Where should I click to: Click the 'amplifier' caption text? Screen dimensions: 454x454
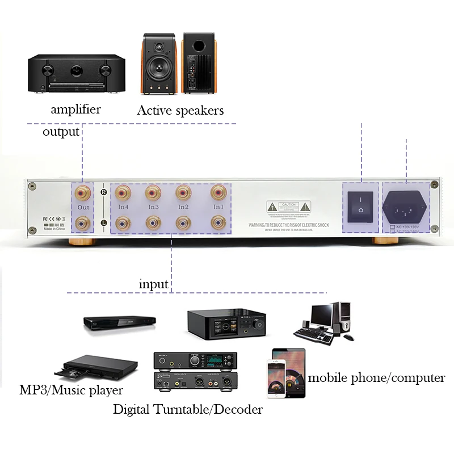click(x=75, y=110)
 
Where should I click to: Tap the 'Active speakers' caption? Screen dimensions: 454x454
click(x=180, y=110)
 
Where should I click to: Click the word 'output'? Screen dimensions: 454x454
click(x=61, y=132)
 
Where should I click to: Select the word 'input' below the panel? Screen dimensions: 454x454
click(x=154, y=284)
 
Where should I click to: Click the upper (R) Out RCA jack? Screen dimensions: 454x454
click(x=83, y=193)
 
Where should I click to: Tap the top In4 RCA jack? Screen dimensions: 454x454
click(x=123, y=193)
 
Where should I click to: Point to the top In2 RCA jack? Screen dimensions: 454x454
click(x=183, y=193)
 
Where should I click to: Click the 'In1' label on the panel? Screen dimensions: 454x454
click(x=218, y=207)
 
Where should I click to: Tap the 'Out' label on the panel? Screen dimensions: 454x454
click(x=83, y=208)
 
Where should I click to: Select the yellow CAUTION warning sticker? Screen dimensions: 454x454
click(x=289, y=207)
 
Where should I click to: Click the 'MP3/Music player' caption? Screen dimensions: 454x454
click(x=71, y=390)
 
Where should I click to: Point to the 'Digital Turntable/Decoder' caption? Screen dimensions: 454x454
click(x=188, y=409)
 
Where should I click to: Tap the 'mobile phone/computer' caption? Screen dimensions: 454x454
click(x=376, y=377)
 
